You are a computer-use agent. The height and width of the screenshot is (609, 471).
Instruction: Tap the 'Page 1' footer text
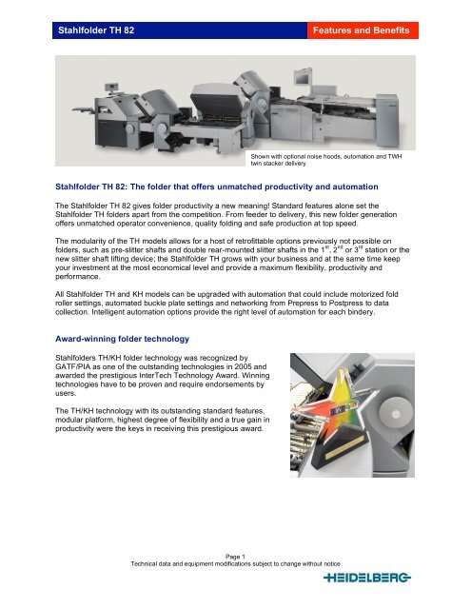click(235, 558)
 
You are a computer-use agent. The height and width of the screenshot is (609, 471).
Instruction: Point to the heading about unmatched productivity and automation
click(229, 188)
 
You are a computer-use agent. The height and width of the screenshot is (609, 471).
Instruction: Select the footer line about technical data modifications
click(235, 567)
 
